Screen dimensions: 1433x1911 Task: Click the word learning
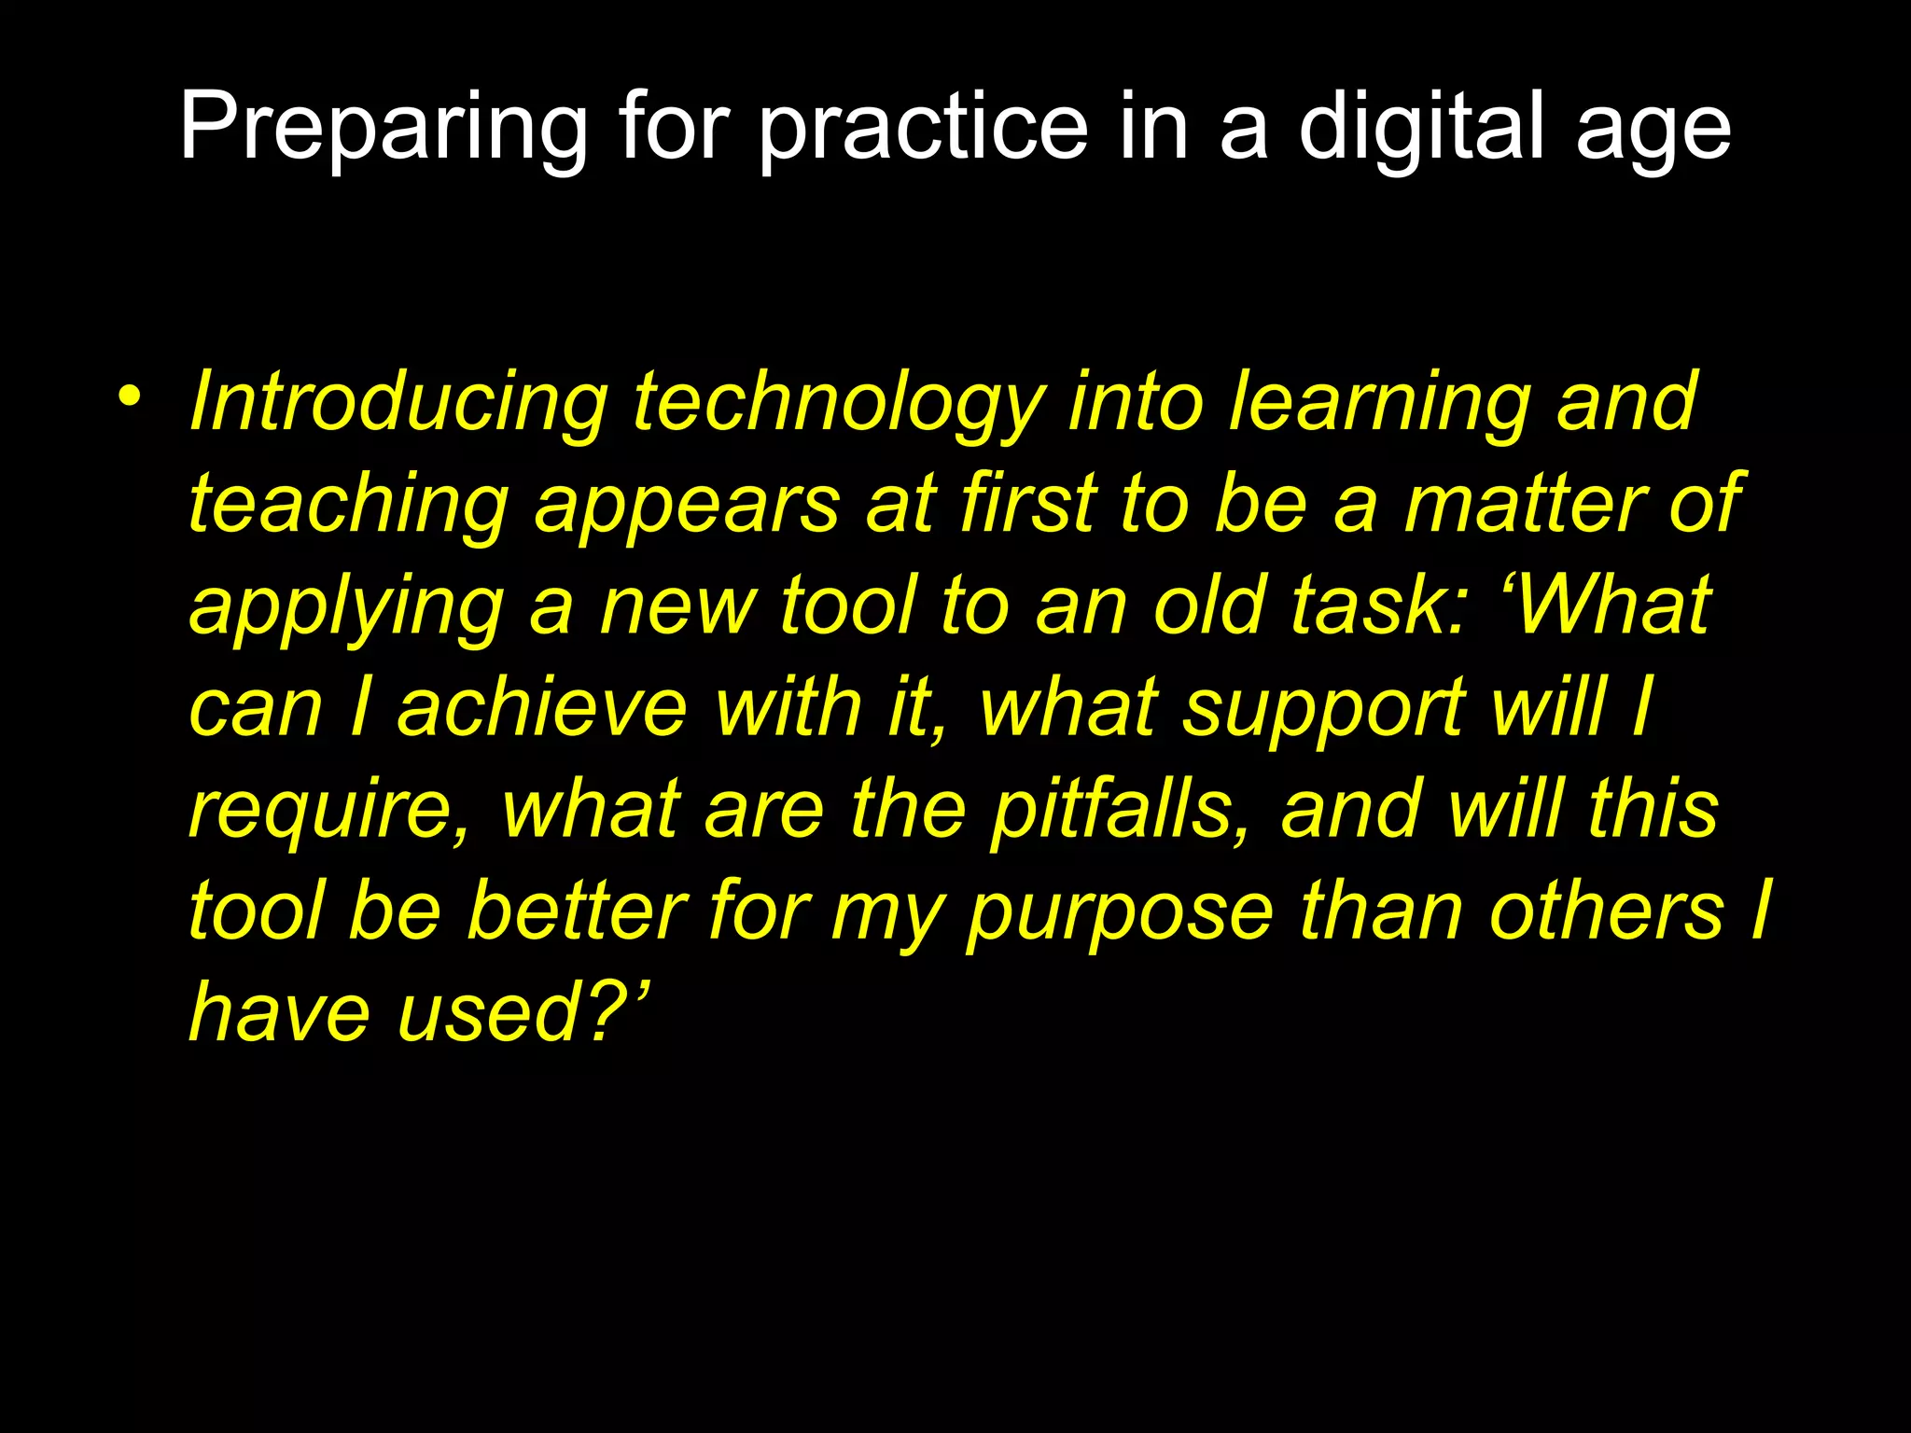(1380, 402)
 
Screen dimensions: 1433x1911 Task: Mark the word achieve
(542, 707)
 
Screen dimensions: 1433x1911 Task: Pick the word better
(578, 910)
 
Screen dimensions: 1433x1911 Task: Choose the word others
(1606, 910)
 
